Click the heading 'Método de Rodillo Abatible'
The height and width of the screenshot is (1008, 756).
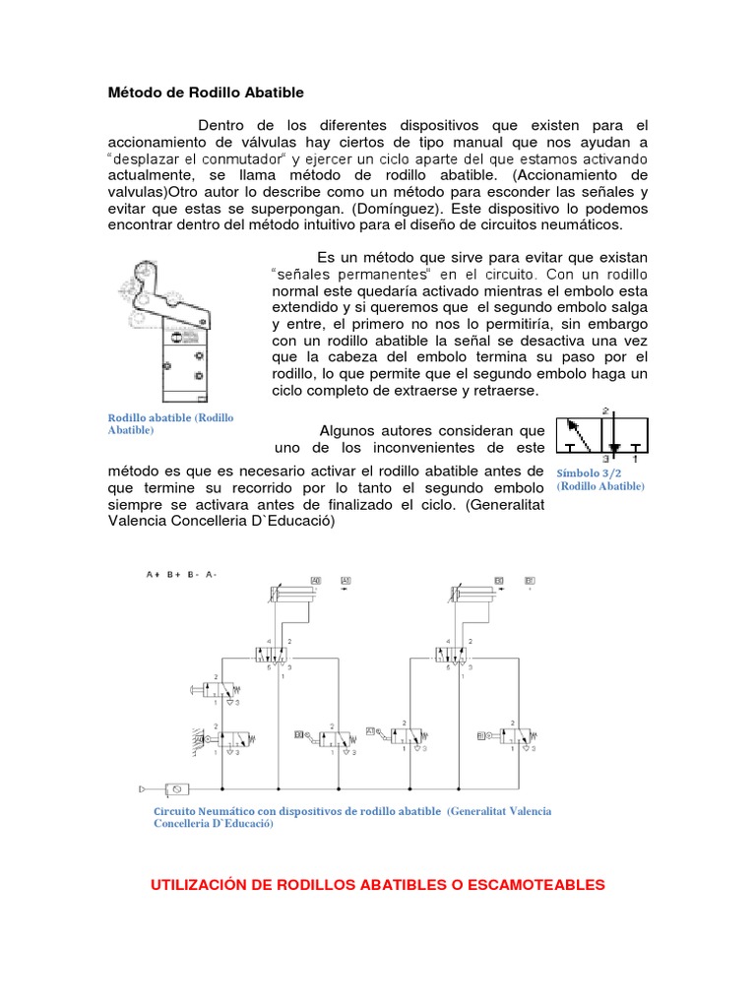click(x=206, y=93)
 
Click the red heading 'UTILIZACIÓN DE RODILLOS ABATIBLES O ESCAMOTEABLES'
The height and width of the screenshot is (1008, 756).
click(x=377, y=886)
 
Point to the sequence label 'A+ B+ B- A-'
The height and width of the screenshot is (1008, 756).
click(x=181, y=574)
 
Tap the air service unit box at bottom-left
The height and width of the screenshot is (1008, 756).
click(x=178, y=788)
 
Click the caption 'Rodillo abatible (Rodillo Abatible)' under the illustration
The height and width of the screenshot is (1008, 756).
click(x=170, y=424)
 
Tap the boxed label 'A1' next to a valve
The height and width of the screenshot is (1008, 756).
click(x=371, y=731)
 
